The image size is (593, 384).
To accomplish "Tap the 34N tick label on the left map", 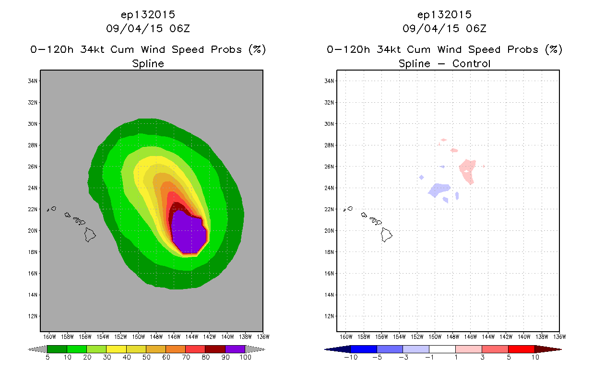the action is [33, 81].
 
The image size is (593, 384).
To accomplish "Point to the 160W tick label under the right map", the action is [346, 337].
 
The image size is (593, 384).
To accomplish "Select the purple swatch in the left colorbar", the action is [235, 349].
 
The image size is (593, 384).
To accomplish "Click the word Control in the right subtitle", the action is [471, 63].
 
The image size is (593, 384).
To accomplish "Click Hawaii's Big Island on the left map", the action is [90, 235].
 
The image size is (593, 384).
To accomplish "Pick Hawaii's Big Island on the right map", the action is [386, 235].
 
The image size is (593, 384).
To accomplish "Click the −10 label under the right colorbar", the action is [351, 357].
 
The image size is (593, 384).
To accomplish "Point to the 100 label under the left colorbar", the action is [245, 357].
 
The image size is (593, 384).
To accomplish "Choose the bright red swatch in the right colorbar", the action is [522, 349].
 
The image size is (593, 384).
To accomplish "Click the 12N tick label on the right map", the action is [329, 316].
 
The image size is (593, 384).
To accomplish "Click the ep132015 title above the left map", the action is [148, 15].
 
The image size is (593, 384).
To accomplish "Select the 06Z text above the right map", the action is [476, 29].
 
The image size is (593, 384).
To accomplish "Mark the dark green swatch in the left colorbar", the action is [57, 349].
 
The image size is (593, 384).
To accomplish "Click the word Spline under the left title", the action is [148, 64].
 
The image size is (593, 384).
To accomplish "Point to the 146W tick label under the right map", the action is [471, 337].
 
